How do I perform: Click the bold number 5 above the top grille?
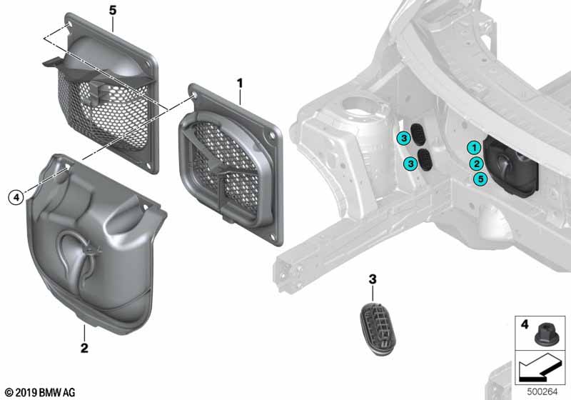113,11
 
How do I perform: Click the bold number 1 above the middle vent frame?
240,84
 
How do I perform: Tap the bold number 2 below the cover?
84,348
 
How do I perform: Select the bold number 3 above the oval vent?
372,279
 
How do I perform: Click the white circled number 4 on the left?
16,198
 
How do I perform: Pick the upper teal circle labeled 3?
404,139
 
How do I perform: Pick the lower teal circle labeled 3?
411,163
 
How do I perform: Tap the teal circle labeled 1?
474,148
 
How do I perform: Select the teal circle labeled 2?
476,164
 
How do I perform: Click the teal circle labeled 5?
480,179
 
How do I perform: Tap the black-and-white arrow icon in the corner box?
540,369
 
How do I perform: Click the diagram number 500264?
542,391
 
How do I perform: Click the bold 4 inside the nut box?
525,324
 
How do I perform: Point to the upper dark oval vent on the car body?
418,134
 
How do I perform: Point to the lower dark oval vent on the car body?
425,159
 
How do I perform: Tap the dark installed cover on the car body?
512,166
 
